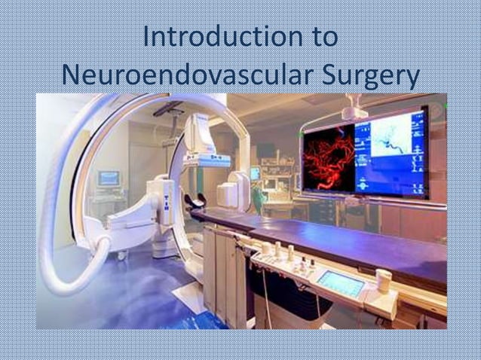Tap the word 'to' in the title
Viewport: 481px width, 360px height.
click(x=319, y=37)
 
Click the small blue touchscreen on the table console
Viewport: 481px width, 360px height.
click(x=341, y=282)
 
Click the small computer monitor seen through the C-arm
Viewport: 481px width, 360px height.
click(x=109, y=178)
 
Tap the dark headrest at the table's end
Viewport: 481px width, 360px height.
click(x=195, y=201)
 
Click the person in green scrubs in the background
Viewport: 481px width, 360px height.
click(x=261, y=197)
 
